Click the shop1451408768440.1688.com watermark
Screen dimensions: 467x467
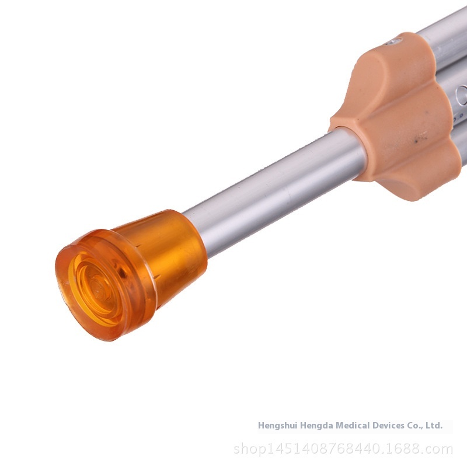[343, 448]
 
